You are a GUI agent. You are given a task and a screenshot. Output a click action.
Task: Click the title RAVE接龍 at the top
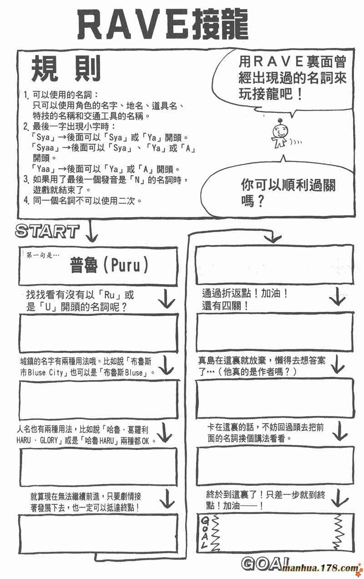pos(162,25)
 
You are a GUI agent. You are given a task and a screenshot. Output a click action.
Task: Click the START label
pos(47,231)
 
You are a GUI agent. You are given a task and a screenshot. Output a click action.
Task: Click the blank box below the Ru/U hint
pos(99,333)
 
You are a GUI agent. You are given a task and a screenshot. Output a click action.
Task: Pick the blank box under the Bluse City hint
pos(99,399)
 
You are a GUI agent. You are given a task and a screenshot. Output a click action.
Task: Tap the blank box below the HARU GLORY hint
pos(99,466)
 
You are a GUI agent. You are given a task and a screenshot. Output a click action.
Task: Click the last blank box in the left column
pos(99,533)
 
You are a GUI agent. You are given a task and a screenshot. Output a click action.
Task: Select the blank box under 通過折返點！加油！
pos(274,333)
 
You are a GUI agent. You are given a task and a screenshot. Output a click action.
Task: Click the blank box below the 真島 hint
pos(274,399)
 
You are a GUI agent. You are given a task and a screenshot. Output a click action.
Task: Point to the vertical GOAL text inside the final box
pos(205,533)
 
